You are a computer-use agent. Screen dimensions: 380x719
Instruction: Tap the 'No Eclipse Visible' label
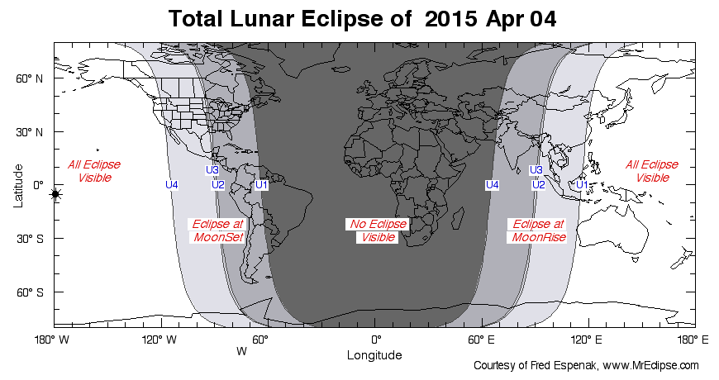tap(376, 231)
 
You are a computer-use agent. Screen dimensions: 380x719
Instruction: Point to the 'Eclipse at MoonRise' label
tap(539, 230)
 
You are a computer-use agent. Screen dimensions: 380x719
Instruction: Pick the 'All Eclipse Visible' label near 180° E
tap(652, 171)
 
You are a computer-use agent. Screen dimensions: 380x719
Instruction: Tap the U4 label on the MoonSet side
tap(172, 184)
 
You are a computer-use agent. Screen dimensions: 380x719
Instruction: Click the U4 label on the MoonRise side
tap(493, 184)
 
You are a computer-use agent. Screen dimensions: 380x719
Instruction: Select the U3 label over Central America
tap(212, 170)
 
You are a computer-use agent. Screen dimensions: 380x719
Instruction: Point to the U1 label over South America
tap(261, 184)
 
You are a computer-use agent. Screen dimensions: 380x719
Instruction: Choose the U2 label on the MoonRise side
tap(538, 184)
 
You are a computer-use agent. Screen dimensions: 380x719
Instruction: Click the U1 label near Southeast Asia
tap(582, 184)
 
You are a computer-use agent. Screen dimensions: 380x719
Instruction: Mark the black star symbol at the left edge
tap(55, 194)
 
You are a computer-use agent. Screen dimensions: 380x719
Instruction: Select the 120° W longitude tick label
tap(160, 340)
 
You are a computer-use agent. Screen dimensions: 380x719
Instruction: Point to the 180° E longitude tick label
tap(692, 340)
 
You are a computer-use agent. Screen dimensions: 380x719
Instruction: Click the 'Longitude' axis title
tap(374, 355)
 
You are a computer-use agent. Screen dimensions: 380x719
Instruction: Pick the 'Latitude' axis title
tap(18, 185)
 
